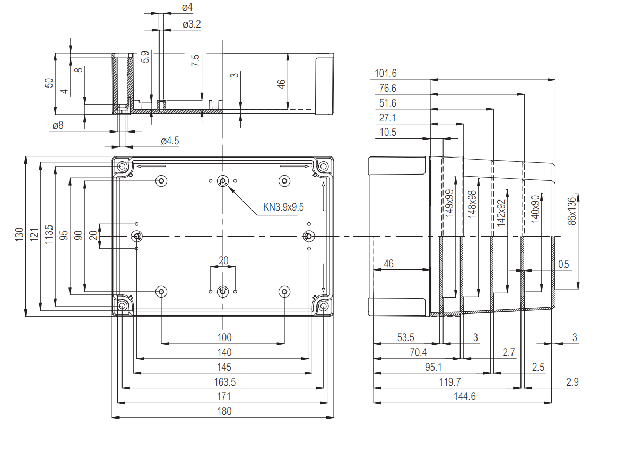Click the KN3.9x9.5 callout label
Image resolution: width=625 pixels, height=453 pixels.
283,207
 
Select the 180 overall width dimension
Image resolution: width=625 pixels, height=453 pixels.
224,411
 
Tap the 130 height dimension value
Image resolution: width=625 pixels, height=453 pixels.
20,235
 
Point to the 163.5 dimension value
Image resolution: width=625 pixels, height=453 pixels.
224,381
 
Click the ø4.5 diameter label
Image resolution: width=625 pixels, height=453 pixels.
170,141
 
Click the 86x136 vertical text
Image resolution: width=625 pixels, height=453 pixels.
571,211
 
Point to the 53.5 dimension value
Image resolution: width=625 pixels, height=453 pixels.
406,337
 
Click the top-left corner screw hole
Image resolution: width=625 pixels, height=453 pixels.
122,167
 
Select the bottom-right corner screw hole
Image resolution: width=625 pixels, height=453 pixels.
324,306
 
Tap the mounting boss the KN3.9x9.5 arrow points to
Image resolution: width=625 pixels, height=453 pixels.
223,181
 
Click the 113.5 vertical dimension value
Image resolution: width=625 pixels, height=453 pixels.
49,234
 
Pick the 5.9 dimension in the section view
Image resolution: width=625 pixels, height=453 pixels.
145,57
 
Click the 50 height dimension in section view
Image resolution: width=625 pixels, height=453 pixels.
49,83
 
